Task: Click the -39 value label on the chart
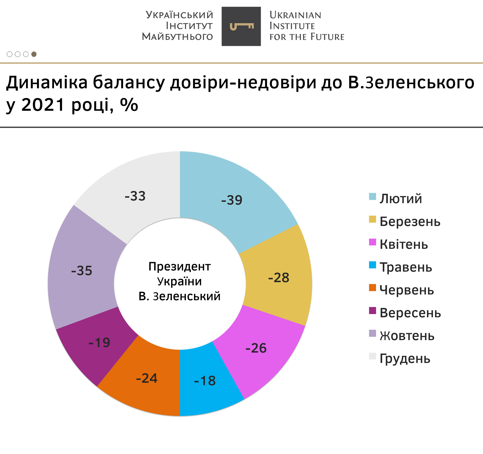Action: (232, 200)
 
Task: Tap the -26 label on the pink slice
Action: (256, 348)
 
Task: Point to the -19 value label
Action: (99, 343)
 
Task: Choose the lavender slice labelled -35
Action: (83, 269)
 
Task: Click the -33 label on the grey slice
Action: (135, 196)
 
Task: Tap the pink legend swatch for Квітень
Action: (372, 242)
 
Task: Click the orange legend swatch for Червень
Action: (372, 288)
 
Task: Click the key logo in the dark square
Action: (241, 26)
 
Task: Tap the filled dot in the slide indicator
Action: (34, 54)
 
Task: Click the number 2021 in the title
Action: (43, 105)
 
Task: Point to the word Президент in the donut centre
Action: (179, 267)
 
